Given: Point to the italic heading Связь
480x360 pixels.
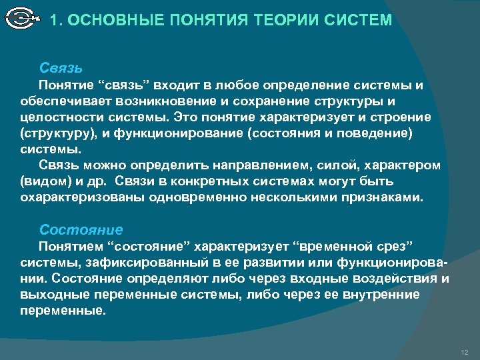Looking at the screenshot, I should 61,68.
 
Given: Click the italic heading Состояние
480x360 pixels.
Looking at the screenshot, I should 81,230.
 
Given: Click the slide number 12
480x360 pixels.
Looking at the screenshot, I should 465,351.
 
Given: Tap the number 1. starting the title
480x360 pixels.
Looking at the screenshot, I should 57,21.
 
